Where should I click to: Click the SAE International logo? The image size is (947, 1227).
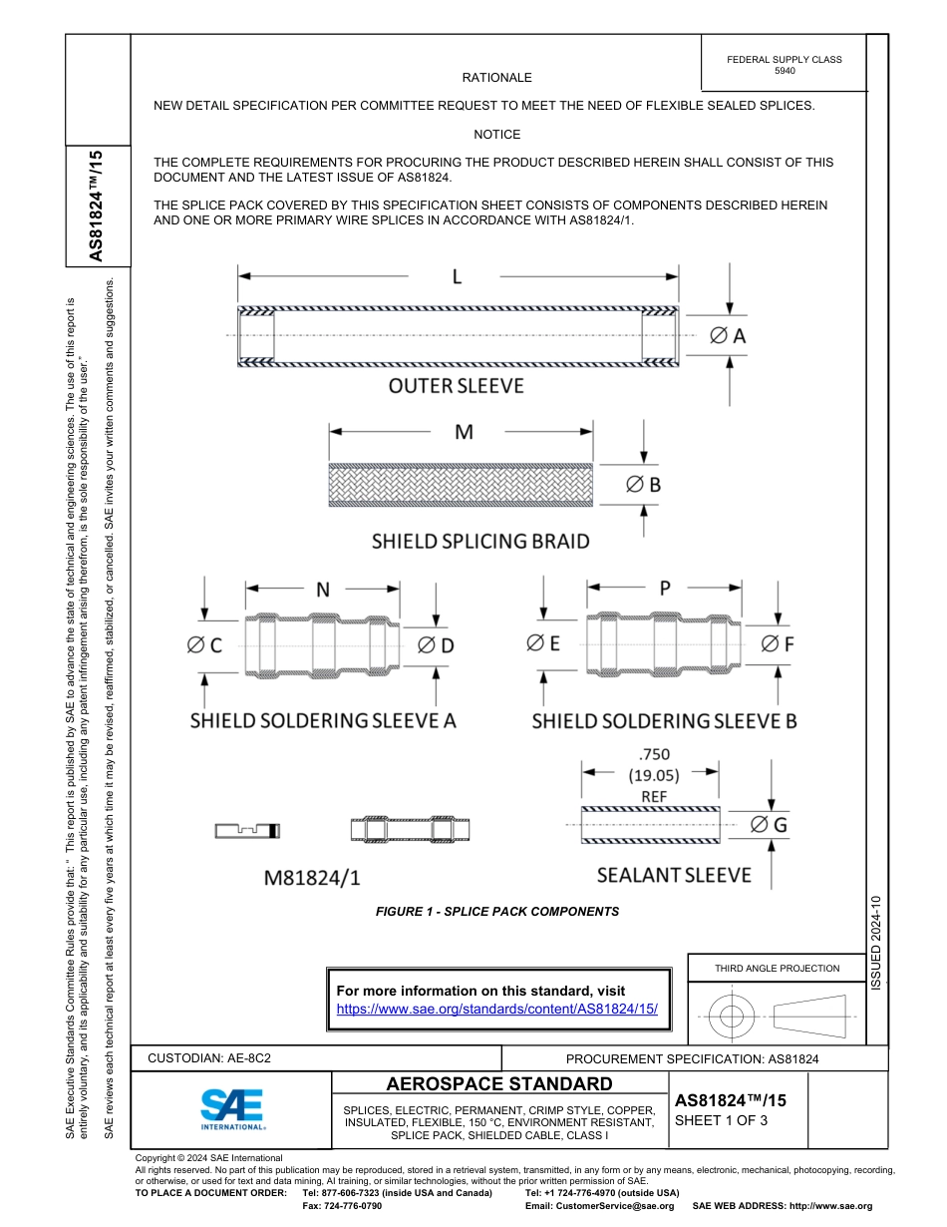[231, 1107]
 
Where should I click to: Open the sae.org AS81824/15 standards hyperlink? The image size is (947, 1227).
[497, 1009]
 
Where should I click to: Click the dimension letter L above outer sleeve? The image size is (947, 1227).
[457, 276]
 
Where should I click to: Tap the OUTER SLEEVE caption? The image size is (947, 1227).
[456, 385]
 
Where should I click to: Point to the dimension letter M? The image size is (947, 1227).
[463, 432]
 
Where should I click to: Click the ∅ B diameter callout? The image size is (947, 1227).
[643, 485]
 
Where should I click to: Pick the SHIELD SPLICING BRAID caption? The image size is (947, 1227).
[480, 542]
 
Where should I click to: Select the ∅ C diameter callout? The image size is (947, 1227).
[203, 645]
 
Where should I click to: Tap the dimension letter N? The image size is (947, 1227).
[323, 590]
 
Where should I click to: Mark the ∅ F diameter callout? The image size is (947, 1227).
[777, 644]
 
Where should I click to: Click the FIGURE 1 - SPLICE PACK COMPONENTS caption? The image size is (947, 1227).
[496, 911]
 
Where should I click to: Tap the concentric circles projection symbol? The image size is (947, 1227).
[732, 1017]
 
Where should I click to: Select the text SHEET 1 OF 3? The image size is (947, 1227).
[721, 1120]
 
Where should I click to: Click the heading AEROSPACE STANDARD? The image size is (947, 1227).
[498, 1084]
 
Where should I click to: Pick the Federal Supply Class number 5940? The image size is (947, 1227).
[784, 71]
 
